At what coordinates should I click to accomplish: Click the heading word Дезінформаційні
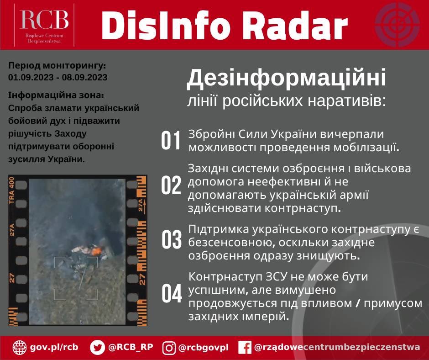286,78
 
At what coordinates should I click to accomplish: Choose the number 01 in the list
171,141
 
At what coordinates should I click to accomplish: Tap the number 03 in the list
172,240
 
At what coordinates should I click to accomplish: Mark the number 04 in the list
172,294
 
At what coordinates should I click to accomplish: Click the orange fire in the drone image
96,251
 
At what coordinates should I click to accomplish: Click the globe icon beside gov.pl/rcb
20,347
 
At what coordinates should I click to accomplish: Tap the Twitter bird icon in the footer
97,347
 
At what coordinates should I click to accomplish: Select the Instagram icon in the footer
169,348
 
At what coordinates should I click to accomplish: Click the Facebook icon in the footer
245,348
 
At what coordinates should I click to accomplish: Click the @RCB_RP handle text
130,347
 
